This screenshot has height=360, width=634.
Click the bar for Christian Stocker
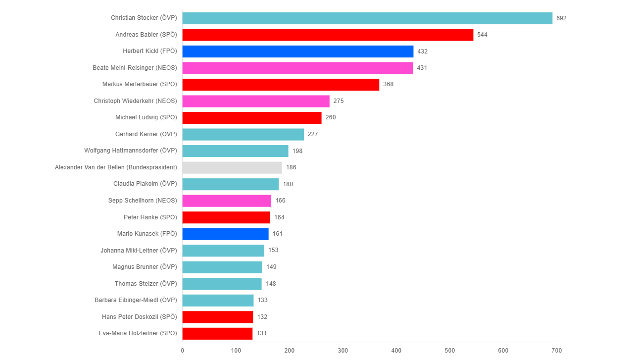click(367, 18)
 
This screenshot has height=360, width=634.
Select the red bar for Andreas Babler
click(328, 35)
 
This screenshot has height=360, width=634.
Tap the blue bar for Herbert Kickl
click(297, 51)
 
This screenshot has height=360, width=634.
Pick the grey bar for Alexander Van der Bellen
click(232, 167)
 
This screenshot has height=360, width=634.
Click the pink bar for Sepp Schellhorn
click(227, 201)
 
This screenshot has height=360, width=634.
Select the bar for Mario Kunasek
click(225, 234)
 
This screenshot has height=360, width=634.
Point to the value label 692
click(561, 18)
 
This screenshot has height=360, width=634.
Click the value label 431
click(422, 68)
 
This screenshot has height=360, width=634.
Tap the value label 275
click(339, 101)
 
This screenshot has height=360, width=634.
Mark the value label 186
click(291, 167)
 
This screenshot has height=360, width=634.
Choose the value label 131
click(262, 333)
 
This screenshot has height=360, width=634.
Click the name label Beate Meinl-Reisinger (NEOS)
click(135, 68)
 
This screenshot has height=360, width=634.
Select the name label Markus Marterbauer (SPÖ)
click(140, 84)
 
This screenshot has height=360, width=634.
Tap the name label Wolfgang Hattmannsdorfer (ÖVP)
click(131, 151)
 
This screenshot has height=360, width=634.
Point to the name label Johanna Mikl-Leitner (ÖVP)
click(139, 250)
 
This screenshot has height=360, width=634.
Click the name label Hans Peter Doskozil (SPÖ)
click(140, 317)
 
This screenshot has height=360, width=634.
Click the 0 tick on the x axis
click(183, 351)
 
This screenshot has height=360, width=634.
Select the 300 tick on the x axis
click(343, 351)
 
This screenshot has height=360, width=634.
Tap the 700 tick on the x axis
click(557, 351)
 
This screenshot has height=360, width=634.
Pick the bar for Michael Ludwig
click(252, 118)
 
